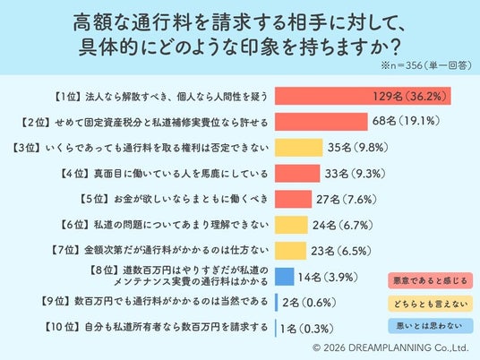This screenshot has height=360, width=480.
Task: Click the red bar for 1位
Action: click(x=363, y=96)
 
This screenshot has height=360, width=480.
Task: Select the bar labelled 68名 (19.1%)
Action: click(x=321, y=122)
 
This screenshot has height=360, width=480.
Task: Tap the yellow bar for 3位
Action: click(x=298, y=148)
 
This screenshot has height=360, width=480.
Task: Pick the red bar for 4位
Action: click(x=297, y=173)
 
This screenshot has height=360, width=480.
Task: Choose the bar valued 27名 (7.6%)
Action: click(x=293, y=200)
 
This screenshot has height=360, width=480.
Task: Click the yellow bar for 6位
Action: click(x=291, y=225)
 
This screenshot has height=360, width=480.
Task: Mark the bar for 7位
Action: click(x=290, y=251)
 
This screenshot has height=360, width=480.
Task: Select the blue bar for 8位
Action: click(x=285, y=277)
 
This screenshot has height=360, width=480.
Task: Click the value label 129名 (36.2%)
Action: click(x=408, y=97)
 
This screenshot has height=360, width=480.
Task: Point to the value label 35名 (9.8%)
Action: click(x=358, y=148)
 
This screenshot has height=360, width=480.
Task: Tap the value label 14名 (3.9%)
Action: click(x=328, y=278)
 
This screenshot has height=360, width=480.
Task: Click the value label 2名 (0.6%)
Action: click(x=309, y=303)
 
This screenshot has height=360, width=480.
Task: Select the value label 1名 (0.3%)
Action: click(x=306, y=329)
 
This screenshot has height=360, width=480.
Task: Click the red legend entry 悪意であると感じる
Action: click(x=431, y=280)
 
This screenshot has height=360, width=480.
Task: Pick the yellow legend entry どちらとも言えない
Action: click(x=431, y=304)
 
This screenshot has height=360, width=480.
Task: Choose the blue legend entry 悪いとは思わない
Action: click(x=431, y=326)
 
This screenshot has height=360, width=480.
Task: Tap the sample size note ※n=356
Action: click(x=401, y=65)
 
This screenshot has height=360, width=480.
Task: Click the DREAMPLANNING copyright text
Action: click(x=391, y=347)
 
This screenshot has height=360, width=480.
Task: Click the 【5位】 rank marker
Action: click(x=94, y=199)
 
